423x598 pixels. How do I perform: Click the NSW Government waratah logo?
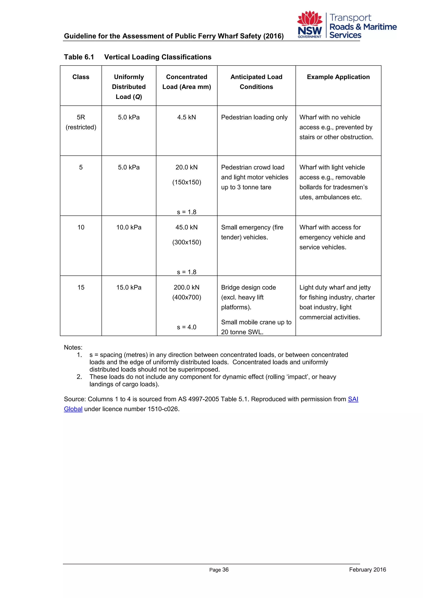(x=310, y=25)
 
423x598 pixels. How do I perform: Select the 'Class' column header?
(x=81, y=77)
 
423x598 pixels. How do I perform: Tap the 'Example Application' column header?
(x=338, y=77)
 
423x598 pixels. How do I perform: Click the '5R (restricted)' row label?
(x=81, y=122)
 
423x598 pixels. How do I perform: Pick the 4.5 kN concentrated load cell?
(x=187, y=117)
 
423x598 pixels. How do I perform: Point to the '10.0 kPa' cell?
(x=129, y=227)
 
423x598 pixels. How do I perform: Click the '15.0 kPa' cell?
(x=129, y=288)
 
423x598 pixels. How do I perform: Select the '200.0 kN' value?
(x=187, y=288)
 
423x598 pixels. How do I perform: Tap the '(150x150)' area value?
(x=187, y=182)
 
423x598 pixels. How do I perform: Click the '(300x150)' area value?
(x=187, y=242)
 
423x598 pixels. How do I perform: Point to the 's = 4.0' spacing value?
(x=187, y=327)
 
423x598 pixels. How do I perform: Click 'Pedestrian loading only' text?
(x=254, y=117)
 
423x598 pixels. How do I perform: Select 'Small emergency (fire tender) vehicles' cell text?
(x=252, y=232)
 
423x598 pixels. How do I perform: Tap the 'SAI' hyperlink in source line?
(x=353, y=399)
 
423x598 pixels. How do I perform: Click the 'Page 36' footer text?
(x=219, y=570)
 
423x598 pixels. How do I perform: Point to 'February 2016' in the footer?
(x=367, y=570)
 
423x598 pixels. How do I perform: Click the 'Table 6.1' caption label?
(x=79, y=57)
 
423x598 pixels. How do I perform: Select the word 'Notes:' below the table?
(x=73, y=348)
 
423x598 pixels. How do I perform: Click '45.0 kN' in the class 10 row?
(x=187, y=227)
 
